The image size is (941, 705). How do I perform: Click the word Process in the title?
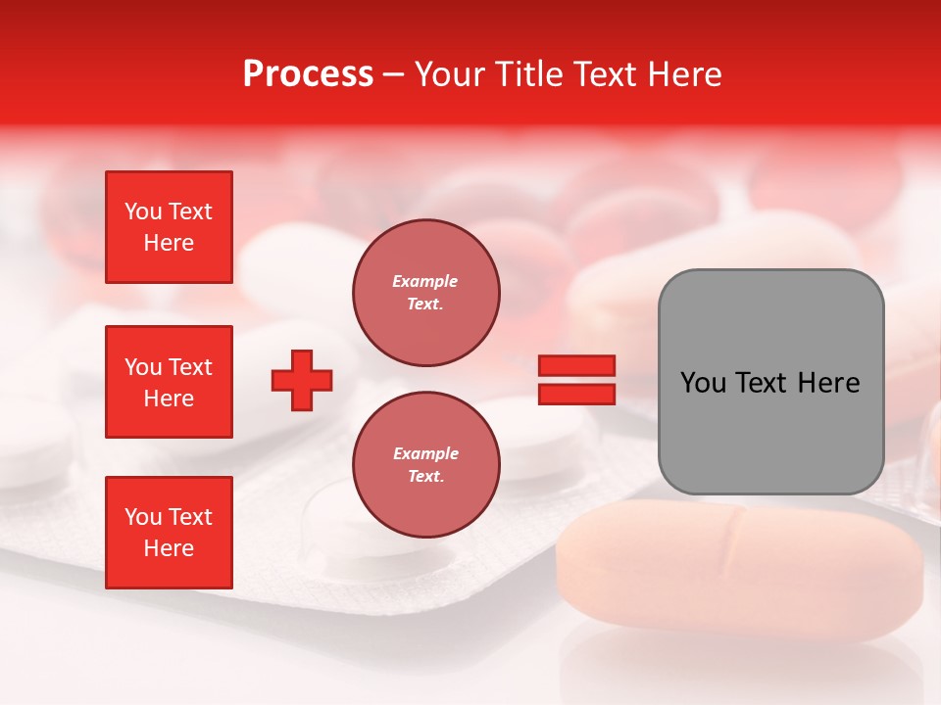tap(308, 74)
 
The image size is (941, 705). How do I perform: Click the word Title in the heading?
tap(528, 74)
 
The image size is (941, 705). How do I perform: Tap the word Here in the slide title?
tap(683, 74)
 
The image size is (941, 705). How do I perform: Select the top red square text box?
tap(169, 227)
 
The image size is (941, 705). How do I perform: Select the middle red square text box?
tap(169, 382)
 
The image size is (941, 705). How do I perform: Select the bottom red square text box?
tap(169, 533)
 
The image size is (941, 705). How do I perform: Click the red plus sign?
tap(302, 380)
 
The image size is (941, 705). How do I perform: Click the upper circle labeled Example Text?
tap(425, 292)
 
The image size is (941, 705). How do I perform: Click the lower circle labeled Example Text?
tap(425, 464)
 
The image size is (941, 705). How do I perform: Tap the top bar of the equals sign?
tap(576, 366)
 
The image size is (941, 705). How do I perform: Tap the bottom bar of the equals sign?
tap(576, 394)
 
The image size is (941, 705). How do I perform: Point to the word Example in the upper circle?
tap(425, 281)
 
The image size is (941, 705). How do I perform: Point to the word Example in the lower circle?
tap(425, 453)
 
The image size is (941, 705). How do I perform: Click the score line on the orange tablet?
tap(733, 543)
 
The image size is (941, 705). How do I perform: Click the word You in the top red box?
tap(143, 211)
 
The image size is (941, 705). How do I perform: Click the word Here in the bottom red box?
tap(169, 548)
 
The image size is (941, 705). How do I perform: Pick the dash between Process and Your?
tap(394, 74)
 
